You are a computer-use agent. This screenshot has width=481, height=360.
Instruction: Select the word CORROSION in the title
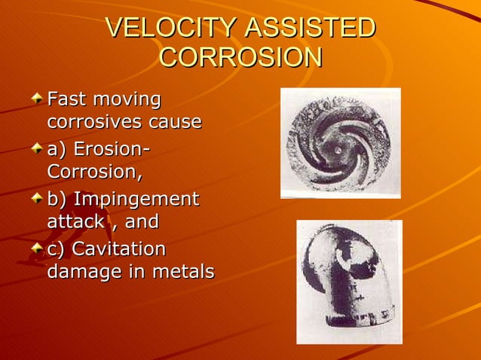tap(240, 58)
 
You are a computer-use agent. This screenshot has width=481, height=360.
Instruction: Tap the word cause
tap(173, 121)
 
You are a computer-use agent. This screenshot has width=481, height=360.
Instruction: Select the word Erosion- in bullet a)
tap(110, 150)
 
